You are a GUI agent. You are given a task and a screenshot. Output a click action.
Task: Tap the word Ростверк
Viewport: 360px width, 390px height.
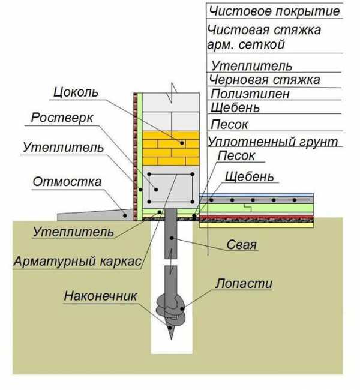62,118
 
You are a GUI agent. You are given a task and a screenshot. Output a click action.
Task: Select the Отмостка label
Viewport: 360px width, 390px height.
67,181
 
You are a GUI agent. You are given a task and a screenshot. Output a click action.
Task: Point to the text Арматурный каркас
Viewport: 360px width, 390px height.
76,262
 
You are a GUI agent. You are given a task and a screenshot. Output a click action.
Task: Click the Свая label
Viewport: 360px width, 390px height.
242,245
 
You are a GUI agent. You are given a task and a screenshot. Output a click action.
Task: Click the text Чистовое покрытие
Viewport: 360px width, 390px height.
274,11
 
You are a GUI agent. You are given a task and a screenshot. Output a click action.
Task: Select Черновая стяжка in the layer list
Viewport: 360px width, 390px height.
265,80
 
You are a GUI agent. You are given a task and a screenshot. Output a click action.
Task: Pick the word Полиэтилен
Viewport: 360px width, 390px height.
250,94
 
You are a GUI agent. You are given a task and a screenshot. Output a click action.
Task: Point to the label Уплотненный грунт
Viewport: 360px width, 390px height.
272,142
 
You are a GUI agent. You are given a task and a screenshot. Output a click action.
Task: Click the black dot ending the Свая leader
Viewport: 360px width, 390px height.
172,239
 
